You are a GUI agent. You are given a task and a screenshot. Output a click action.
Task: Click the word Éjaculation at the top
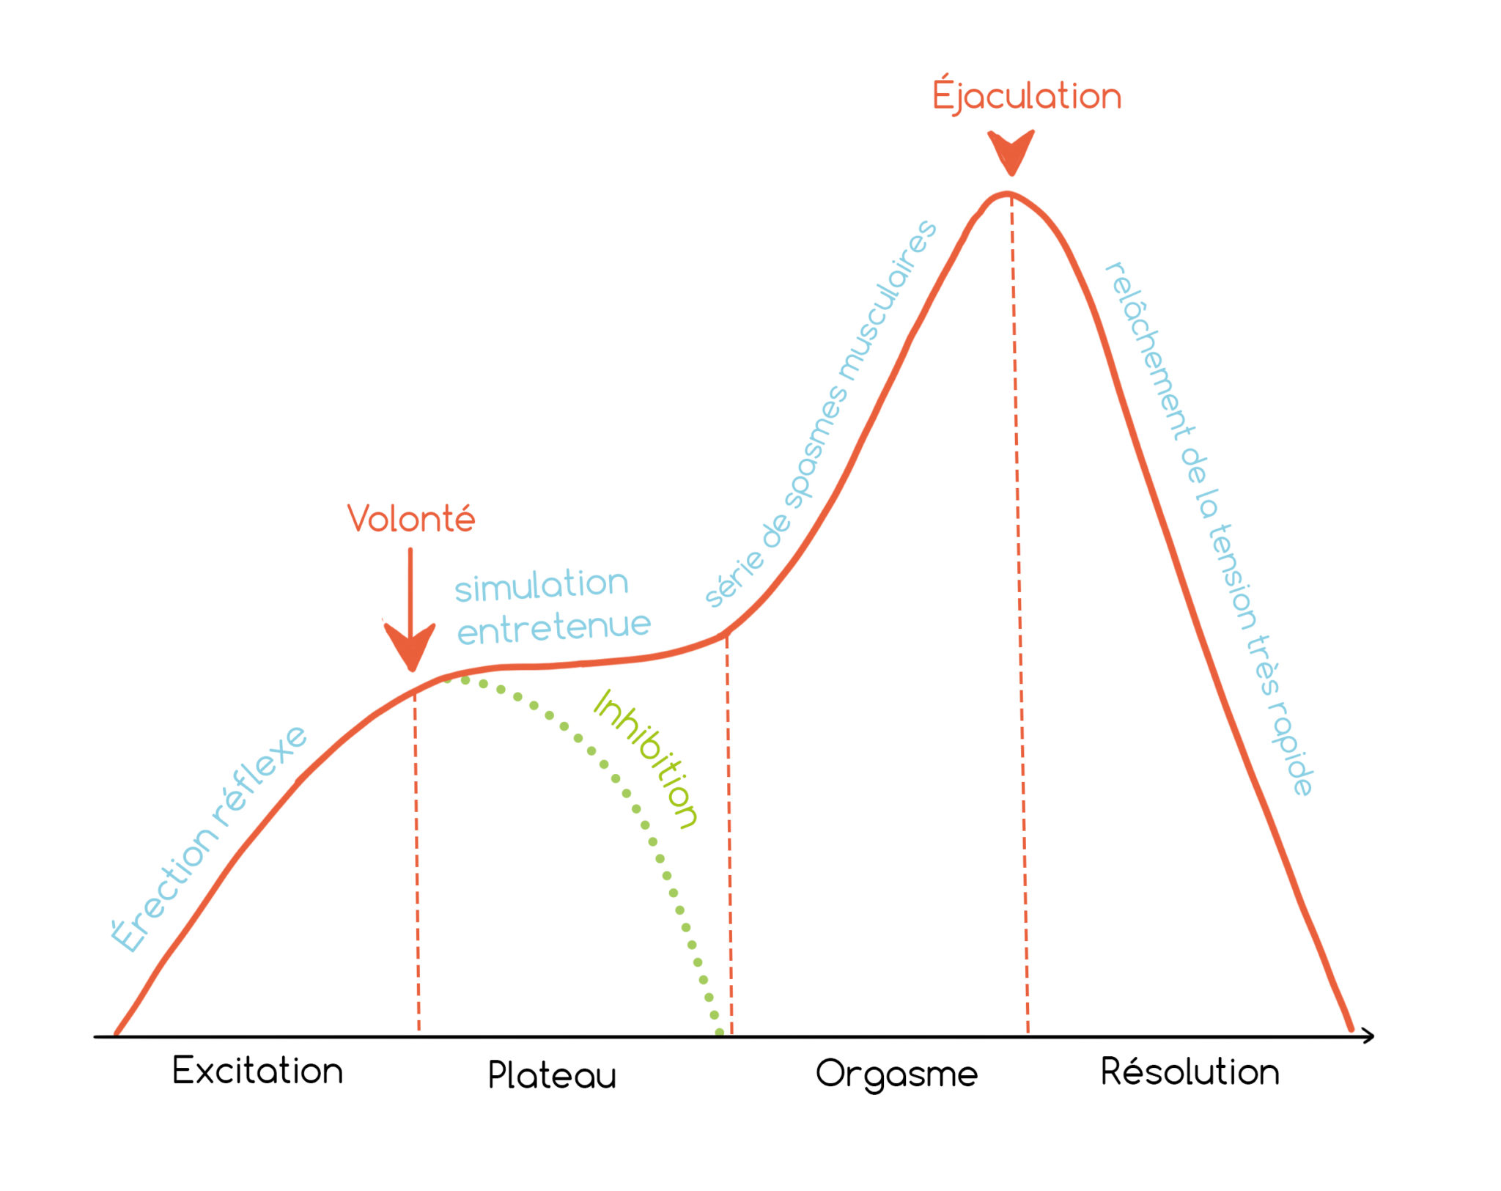point(1026,95)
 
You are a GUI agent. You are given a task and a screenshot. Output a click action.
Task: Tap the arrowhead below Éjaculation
point(1011,152)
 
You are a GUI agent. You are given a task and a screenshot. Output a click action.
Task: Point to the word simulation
point(542,586)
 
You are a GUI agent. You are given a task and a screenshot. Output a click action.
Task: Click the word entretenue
point(554,628)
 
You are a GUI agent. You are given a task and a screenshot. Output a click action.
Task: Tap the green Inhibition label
point(645,759)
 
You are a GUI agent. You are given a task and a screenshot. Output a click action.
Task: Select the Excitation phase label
point(257,1071)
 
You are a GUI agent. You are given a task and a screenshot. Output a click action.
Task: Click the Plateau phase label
point(552,1074)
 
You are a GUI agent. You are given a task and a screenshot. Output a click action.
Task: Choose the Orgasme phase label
point(896,1074)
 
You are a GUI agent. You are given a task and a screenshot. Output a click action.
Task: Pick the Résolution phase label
point(1190,1071)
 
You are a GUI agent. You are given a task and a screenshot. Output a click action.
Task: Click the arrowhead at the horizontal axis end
point(1368,1036)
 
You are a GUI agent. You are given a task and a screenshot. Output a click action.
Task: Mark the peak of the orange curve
point(1008,194)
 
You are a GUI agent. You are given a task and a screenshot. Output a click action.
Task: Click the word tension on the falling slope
point(1233,577)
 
